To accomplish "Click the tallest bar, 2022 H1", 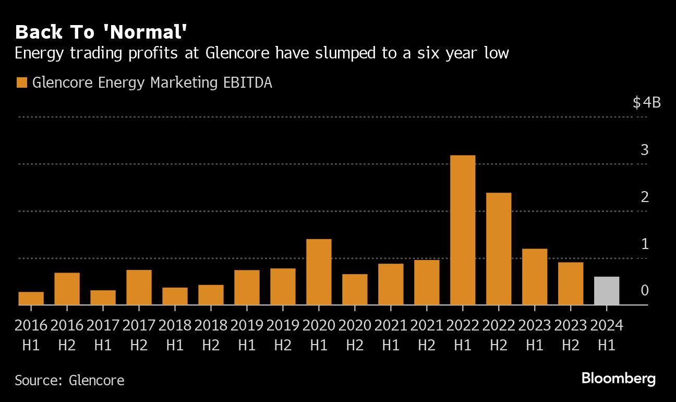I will coord(463,230).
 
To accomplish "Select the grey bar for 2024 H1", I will coord(607,291).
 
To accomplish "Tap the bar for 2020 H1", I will coord(319,271).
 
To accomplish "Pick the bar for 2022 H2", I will coord(499,249).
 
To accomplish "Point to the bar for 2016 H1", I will coord(31,298).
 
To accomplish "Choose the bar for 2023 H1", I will coord(535,277).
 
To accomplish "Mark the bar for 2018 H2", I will coord(211,294).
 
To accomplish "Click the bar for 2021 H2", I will coord(427,282).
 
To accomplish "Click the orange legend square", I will coord(21,82).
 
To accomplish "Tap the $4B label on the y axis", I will coord(646,102).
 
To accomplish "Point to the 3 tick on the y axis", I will coord(644,150).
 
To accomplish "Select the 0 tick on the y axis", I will coord(644,290).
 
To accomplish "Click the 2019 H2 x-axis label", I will coord(283,335).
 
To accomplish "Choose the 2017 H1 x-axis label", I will coord(103,335).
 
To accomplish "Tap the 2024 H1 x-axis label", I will coord(607,335).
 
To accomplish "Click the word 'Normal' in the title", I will coord(147,32).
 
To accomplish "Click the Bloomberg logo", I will coord(618,379).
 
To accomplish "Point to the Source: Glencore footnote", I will coord(69,380).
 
